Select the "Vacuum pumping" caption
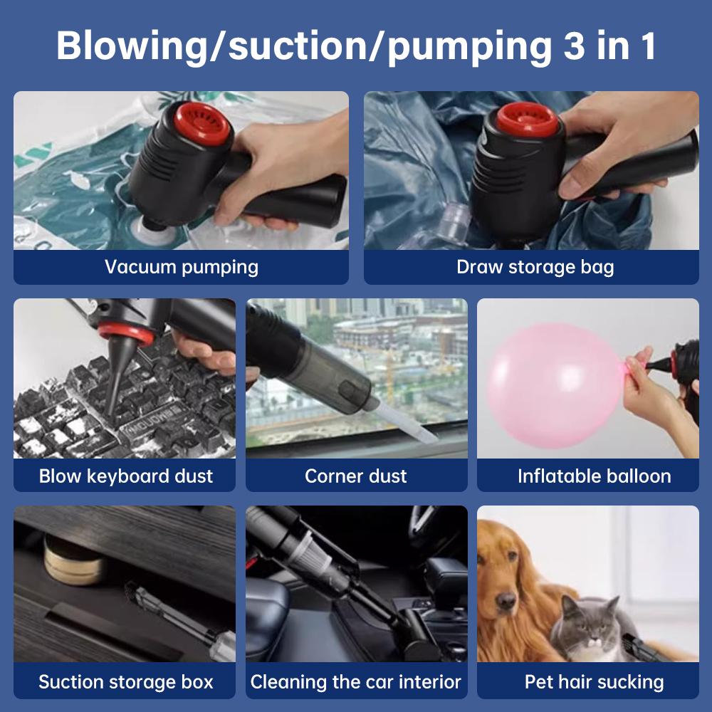pos(182,268)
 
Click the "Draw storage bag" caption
pos(535,268)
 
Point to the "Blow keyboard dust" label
pos(125,476)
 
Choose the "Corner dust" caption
pos(356,476)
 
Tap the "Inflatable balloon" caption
pos(594,476)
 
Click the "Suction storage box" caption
pos(125,681)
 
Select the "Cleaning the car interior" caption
pos(356,681)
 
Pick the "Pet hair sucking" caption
pos(594,681)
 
